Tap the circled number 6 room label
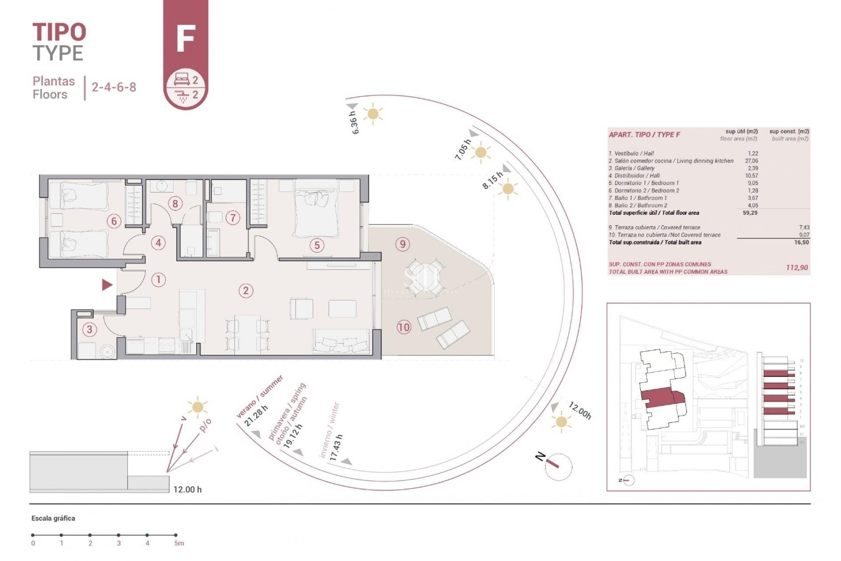[114, 221]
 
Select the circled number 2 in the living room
[246, 290]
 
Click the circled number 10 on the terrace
[404, 327]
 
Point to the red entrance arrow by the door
[107, 285]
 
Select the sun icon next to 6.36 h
[373, 114]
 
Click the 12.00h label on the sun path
[580, 411]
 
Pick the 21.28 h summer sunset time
[256, 416]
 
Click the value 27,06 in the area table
[751, 161]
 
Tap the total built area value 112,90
[797, 267]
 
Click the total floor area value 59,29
[749, 213]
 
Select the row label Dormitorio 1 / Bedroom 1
[643, 183]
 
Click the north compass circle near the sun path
[558, 467]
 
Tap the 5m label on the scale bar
[179, 543]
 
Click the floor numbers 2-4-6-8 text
[114, 87]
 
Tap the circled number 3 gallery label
[90, 329]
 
